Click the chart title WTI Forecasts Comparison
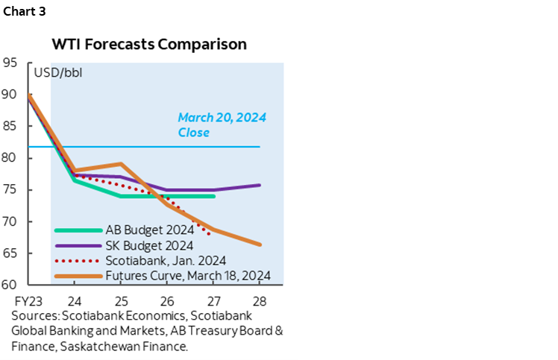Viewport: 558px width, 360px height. [148, 44]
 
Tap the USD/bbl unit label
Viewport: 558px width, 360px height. [58, 73]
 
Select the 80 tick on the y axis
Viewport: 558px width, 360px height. [12, 158]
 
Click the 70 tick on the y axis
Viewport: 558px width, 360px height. [12, 221]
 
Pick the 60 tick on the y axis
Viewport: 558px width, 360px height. [12, 284]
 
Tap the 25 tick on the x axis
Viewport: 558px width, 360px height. [121, 303]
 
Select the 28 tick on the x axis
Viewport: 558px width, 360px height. [260, 303]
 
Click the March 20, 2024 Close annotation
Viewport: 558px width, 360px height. [222, 125]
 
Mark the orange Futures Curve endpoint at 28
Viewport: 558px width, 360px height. [260, 244]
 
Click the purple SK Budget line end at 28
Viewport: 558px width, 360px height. [260, 185]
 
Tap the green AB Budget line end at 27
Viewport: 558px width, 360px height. [213, 196]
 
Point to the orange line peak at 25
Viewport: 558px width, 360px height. [121, 164]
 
